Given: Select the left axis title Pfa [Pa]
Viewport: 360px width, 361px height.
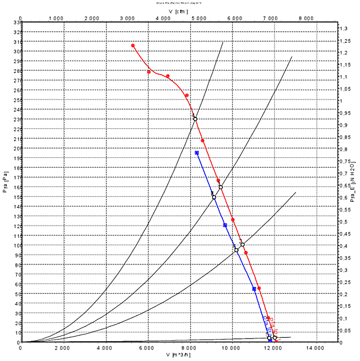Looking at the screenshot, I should click(5, 181).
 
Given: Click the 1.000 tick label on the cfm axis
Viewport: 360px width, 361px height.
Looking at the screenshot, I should click(56, 19).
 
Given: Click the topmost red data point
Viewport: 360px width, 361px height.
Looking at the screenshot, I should click(133, 46).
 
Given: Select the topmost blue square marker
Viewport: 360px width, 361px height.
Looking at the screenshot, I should click(197, 153).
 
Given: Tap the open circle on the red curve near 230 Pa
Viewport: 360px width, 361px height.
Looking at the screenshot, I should click(195, 119).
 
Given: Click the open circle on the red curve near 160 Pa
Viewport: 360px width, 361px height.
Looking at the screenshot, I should click(221, 187).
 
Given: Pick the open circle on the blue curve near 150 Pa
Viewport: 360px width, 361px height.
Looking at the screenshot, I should click(214, 197).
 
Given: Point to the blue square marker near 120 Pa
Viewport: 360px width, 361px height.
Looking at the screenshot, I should click(225, 225).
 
